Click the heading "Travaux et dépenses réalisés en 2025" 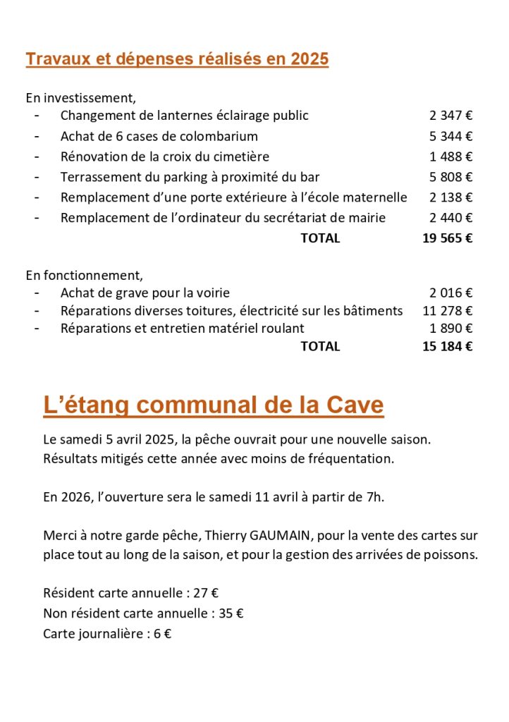[x=177, y=59]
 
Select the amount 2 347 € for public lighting [x=450, y=116]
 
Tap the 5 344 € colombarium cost [x=450, y=136]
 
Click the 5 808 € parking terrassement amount [x=450, y=177]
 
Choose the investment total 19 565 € [x=447, y=238]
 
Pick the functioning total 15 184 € [x=447, y=346]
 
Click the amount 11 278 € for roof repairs [x=447, y=310]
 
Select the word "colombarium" [x=219, y=136]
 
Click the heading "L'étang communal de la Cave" [x=213, y=405]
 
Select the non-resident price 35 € [x=231, y=613]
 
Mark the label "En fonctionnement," [x=84, y=275]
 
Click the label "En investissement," [x=80, y=97]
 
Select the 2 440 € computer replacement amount [x=450, y=218]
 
